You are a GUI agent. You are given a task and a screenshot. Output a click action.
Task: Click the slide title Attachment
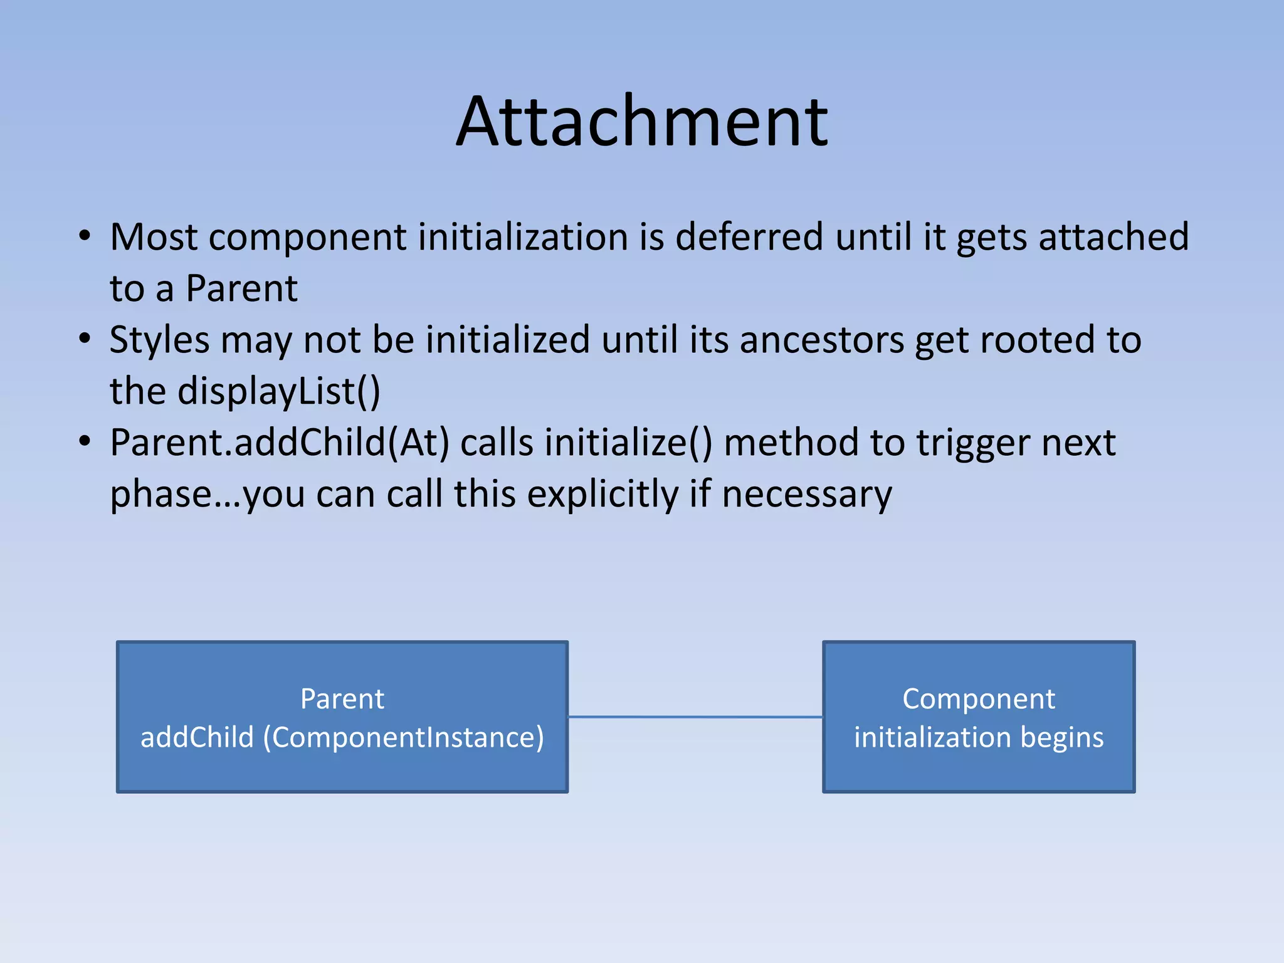642,122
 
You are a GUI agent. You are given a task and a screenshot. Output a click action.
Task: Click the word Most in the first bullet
154,238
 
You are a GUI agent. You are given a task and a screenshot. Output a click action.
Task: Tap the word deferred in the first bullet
749,238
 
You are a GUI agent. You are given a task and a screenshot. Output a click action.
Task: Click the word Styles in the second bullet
159,340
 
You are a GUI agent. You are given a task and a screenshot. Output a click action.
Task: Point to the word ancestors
821,340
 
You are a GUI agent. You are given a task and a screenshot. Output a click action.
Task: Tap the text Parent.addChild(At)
280,443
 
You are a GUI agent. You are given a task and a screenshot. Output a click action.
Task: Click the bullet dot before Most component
85,237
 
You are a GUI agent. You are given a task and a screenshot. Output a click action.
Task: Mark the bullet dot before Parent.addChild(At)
85,442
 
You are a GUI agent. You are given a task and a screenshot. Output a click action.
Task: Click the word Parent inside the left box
342,699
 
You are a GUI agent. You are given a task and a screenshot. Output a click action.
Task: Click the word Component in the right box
978,699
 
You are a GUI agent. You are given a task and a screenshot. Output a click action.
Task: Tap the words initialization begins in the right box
978,738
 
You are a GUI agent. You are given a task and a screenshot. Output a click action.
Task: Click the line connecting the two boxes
695,717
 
